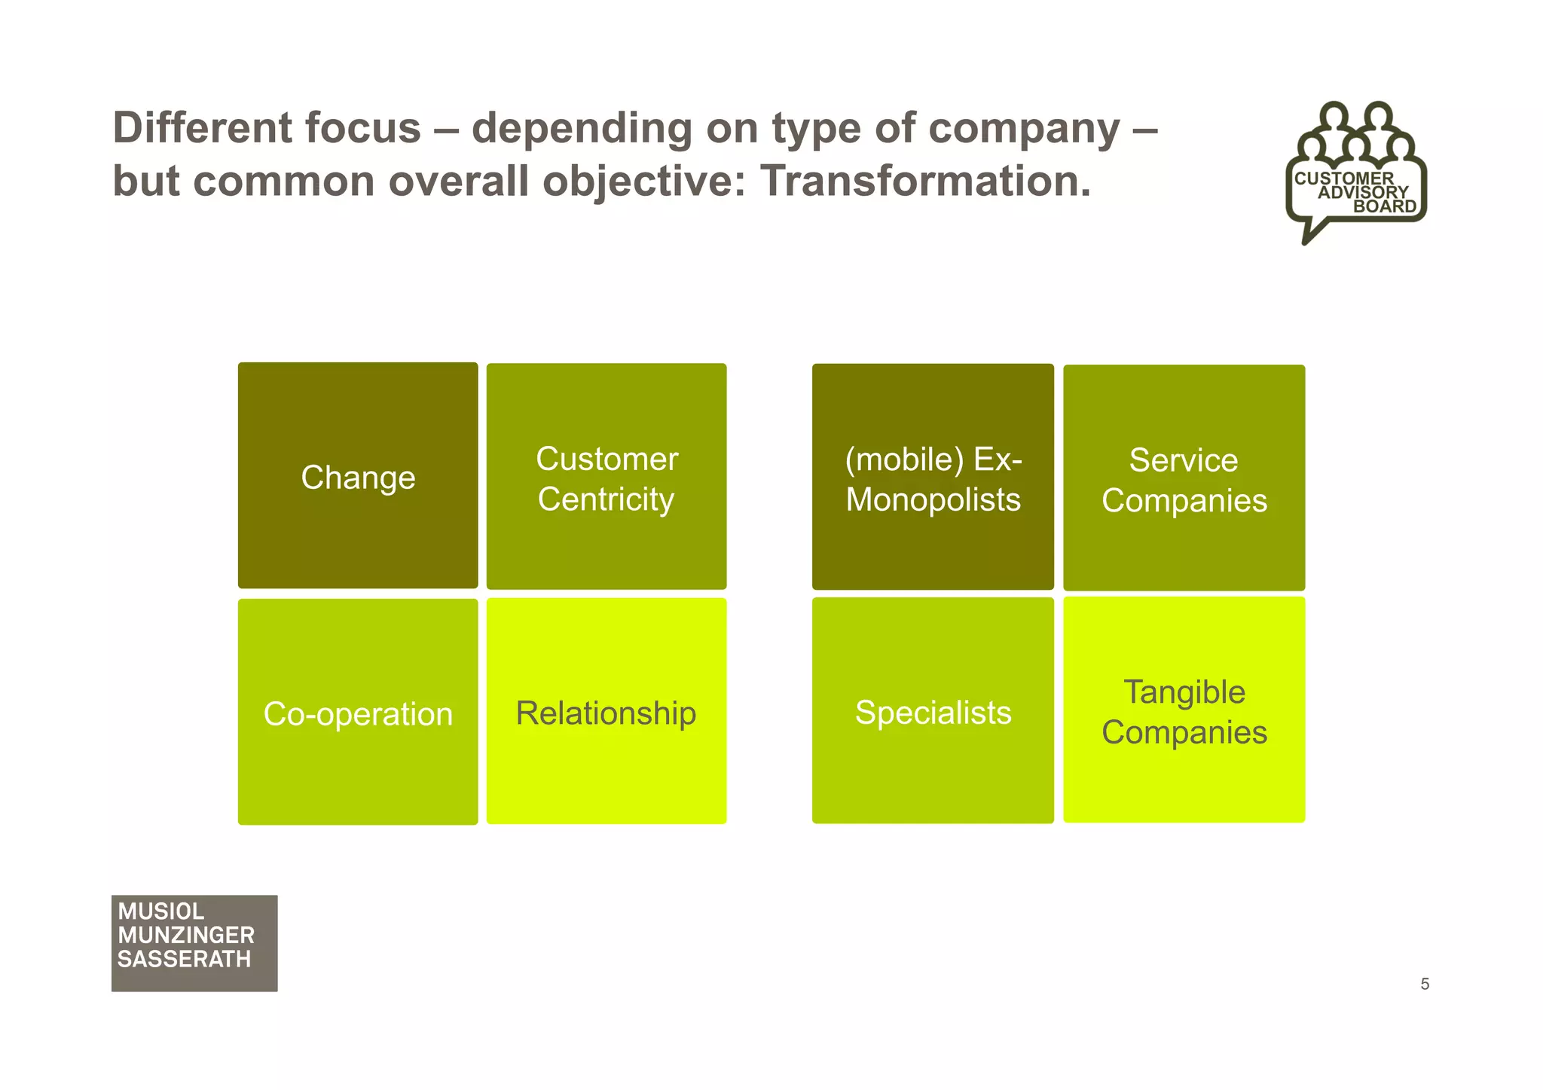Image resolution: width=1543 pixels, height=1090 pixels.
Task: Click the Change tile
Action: (358, 476)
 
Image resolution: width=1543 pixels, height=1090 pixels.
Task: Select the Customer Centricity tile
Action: (607, 478)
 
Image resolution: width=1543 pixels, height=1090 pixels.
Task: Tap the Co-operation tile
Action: (358, 713)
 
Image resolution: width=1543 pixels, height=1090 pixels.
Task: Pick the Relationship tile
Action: (607, 712)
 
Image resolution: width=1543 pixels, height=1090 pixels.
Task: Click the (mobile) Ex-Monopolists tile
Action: (933, 478)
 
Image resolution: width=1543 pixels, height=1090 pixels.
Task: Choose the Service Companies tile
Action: (1184, 479)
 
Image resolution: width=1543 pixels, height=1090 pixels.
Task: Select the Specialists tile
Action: (933, 711)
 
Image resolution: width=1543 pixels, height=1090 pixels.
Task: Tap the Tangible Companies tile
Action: (1184, 710)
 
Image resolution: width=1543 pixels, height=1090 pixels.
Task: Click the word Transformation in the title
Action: (924, 182)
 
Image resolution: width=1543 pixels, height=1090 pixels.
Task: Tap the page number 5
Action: (1425, 984)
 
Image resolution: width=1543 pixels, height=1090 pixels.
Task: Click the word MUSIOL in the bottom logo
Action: (160, 911)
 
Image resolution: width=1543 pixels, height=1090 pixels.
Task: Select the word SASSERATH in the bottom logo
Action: (185, 960)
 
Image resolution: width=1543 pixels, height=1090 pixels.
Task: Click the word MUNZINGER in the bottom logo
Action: (186, 936)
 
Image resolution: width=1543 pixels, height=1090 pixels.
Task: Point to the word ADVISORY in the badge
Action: (1363, 192)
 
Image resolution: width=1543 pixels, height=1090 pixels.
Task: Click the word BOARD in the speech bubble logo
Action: (1385, 206)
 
